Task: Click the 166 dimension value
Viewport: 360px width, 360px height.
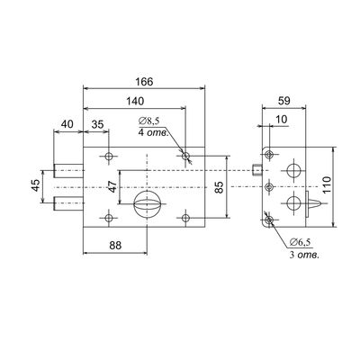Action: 144,82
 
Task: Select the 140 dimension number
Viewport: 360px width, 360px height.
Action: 135,102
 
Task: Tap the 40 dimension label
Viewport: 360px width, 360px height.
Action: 67,124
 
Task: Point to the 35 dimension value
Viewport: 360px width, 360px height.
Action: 97,124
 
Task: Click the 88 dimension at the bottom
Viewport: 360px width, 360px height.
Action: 115,246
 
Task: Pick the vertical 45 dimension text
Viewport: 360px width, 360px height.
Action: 36,185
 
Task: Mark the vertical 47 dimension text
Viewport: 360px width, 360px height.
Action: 112,186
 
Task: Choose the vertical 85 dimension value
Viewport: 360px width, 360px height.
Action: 220,187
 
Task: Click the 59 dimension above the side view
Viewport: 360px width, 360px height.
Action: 284,101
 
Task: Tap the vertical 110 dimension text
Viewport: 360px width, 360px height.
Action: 327,184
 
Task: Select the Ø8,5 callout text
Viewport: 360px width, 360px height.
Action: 148,121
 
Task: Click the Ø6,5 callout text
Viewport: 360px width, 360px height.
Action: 301,241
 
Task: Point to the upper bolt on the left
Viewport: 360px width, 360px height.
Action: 68,171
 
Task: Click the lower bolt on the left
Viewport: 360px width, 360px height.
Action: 68,203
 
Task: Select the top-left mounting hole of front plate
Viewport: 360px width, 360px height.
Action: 109,156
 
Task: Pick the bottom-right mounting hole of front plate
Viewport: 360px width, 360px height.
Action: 186,218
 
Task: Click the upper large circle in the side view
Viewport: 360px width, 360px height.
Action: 293,170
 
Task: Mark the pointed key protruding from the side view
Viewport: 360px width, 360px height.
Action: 314,204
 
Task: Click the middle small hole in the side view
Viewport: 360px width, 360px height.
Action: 269,187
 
